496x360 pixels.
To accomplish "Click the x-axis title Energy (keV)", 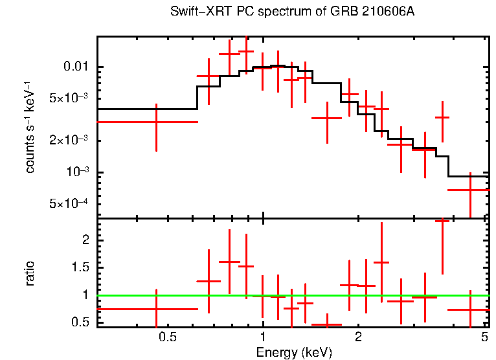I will (x=294, y=352).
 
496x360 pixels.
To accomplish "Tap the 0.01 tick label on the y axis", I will (x=76, y=67).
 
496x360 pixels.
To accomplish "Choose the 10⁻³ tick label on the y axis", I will (x=78, y=172).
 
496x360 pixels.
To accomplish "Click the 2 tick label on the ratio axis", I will (x=84, y=240).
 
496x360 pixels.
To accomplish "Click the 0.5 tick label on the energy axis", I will (x=168, y=337).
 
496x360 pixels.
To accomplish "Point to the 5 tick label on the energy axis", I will (x=484, y=337).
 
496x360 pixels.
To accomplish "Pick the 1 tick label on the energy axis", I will (x=263, y=337).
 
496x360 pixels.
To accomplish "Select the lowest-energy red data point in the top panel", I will (x=156, y=122).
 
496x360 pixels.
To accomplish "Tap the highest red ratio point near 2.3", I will (x=442, y=221).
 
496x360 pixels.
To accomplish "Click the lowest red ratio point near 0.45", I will (x=327, y=324).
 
